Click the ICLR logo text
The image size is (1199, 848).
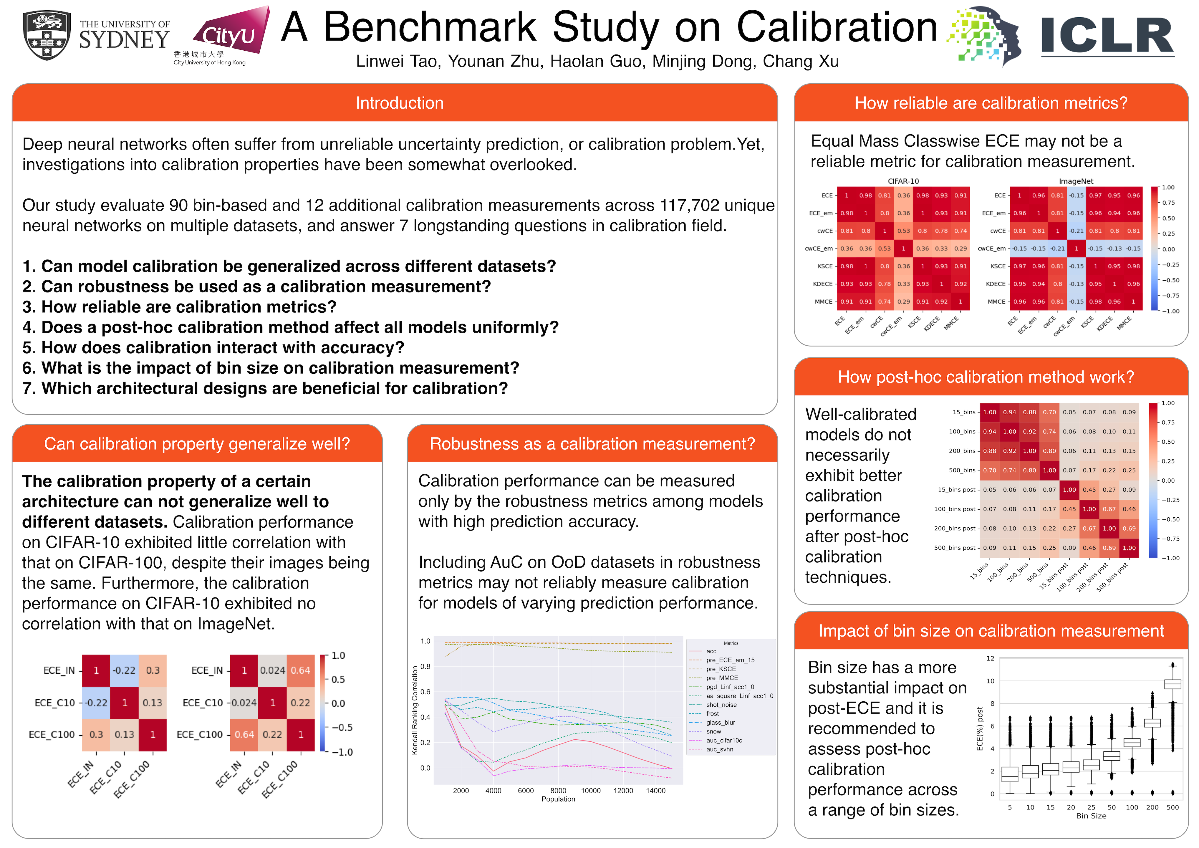pos(1107,36)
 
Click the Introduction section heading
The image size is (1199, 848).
pos(400,103)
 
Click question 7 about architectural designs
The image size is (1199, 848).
pos(265,388)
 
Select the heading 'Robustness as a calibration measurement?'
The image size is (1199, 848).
pos(592,444)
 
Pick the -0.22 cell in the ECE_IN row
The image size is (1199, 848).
pos(124,670)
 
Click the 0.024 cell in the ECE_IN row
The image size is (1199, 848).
pos(273,670)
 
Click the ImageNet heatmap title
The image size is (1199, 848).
pos(1076,181)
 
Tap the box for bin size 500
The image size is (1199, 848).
pos(1173,684)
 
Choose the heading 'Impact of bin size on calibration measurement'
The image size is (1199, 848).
pos(991,631)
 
